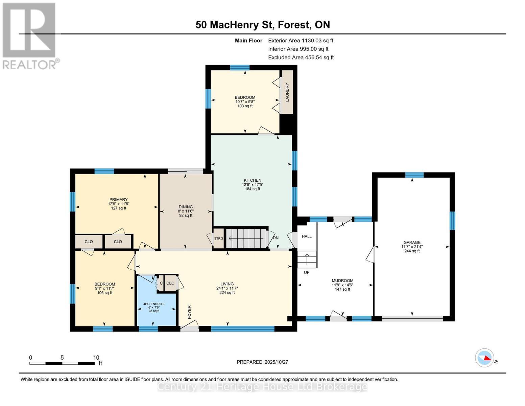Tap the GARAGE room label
coord(412,242)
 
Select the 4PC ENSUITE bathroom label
coord(154,304)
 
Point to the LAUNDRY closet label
coord(287,92)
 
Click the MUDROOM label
coord(342,280)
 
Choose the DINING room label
coord(186,207)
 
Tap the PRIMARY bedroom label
coord(118,200)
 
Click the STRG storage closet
coord(219,239)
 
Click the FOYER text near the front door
coord(189,312)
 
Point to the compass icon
coord(484,358)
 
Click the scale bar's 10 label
coord(96,358)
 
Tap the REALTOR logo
coord(30,36)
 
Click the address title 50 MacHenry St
coord(263,25)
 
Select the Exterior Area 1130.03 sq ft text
coord(301,41)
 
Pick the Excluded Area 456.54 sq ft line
coord(301,58)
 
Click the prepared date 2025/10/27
coord(262,362)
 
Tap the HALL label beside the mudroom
coord(307,236)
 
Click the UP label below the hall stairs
coord(307,272)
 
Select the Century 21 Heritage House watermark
coord(262,387)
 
